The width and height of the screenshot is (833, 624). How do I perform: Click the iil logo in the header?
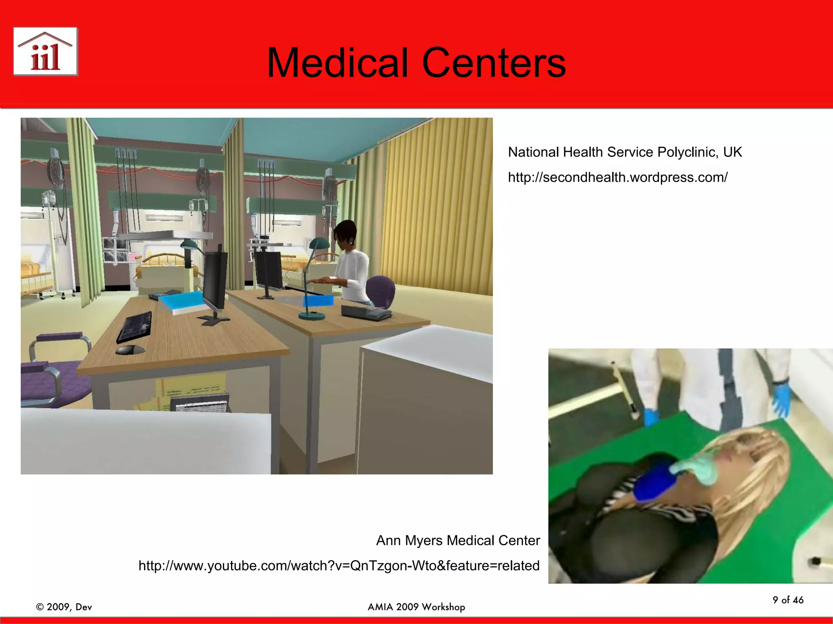(46, 52)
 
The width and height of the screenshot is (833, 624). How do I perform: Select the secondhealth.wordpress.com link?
(617, 178)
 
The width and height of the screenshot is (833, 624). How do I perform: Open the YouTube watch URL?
(339, 565)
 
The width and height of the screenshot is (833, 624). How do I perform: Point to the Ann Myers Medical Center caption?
(458, 540)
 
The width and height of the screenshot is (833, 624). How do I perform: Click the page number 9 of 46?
(788, 600)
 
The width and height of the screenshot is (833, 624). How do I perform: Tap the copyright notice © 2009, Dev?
(64, 607)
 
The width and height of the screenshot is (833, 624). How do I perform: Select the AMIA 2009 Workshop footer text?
(416, 607)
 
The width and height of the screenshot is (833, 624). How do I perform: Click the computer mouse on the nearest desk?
(130, 350)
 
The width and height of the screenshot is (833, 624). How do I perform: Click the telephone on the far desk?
(365, 312)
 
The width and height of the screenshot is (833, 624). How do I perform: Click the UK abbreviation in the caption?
(733, 152)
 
